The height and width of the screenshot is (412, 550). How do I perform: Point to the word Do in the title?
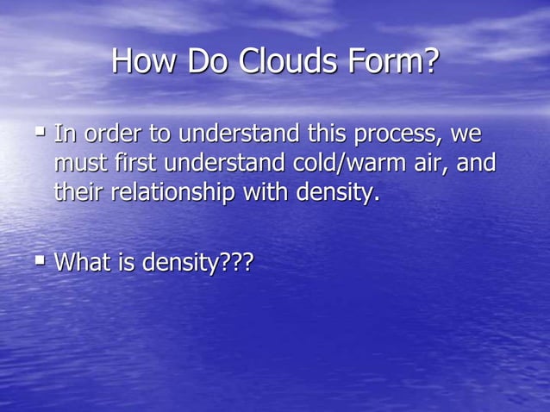(208, 61)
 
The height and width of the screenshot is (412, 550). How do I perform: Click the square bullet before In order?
(40, 132)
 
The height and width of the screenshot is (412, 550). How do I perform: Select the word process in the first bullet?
(391, 135)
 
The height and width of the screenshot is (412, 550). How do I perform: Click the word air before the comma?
(430, 164)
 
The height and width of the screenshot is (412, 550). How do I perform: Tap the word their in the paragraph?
(78, 192)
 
